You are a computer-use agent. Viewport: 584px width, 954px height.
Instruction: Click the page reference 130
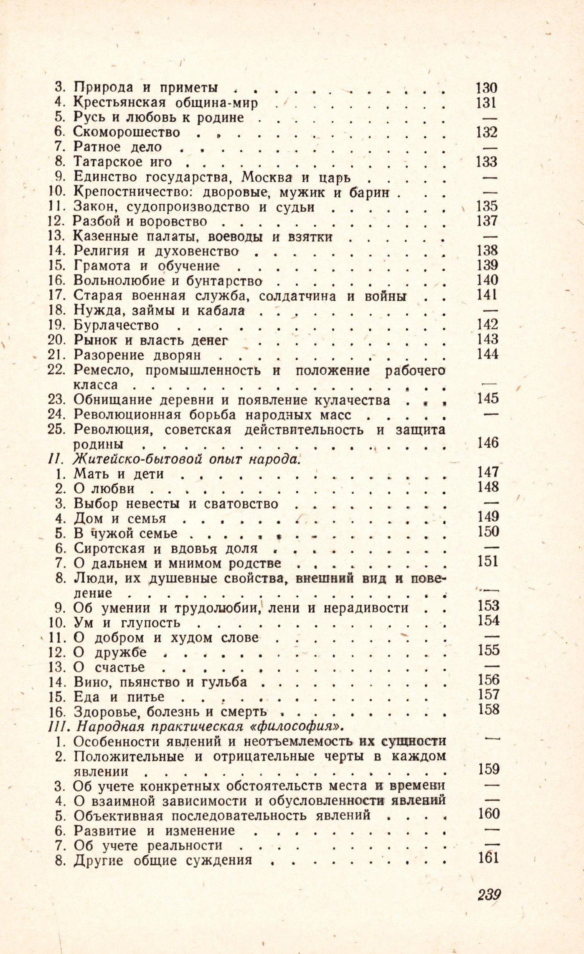point(487,88)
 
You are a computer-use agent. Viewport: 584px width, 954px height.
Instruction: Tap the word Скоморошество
point(127,132)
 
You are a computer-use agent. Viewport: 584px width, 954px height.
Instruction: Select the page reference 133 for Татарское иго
point(487,162)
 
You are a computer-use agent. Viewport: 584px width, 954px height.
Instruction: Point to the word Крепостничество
point(133,193)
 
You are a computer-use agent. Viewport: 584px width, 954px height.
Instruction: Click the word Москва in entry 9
point(267,178)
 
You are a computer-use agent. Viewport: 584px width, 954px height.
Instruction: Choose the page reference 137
point(487,221)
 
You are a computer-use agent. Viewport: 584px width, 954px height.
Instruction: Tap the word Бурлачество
point(116,325)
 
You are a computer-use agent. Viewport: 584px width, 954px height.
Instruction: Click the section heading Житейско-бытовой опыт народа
point(186,459)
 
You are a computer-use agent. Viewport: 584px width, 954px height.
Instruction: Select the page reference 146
point(488,442)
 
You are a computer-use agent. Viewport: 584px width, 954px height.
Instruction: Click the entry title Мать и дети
point(119,474)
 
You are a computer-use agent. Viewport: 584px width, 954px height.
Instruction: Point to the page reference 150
point(488,531)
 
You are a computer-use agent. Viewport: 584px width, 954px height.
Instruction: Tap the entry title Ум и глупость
point(127,623)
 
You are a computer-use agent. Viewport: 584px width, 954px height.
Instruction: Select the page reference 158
point(489,709)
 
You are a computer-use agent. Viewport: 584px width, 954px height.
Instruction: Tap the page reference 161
point(488,858)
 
